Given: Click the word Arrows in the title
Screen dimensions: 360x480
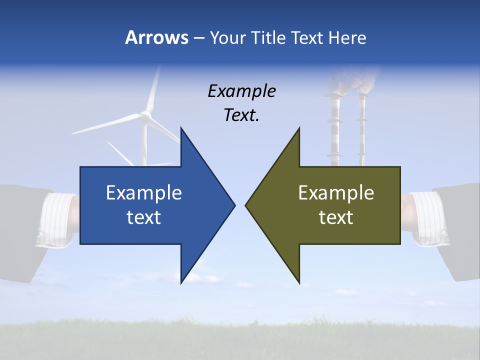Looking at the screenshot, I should (156, 38).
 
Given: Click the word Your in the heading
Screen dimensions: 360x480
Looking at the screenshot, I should (227, 38).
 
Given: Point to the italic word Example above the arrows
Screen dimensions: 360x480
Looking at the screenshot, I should (241, 91).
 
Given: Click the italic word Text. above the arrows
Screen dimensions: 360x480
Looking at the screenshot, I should (241, 115).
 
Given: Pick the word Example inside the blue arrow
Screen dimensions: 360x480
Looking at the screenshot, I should (143, 193).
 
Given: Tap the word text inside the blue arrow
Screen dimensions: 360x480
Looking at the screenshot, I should (143, 217).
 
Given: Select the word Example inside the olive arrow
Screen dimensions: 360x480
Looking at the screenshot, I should (336, 193).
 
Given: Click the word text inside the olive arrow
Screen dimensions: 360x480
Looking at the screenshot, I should (336, 217).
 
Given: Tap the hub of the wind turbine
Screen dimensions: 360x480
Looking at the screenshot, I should (145, 115).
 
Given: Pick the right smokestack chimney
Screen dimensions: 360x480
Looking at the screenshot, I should (361, 130).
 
